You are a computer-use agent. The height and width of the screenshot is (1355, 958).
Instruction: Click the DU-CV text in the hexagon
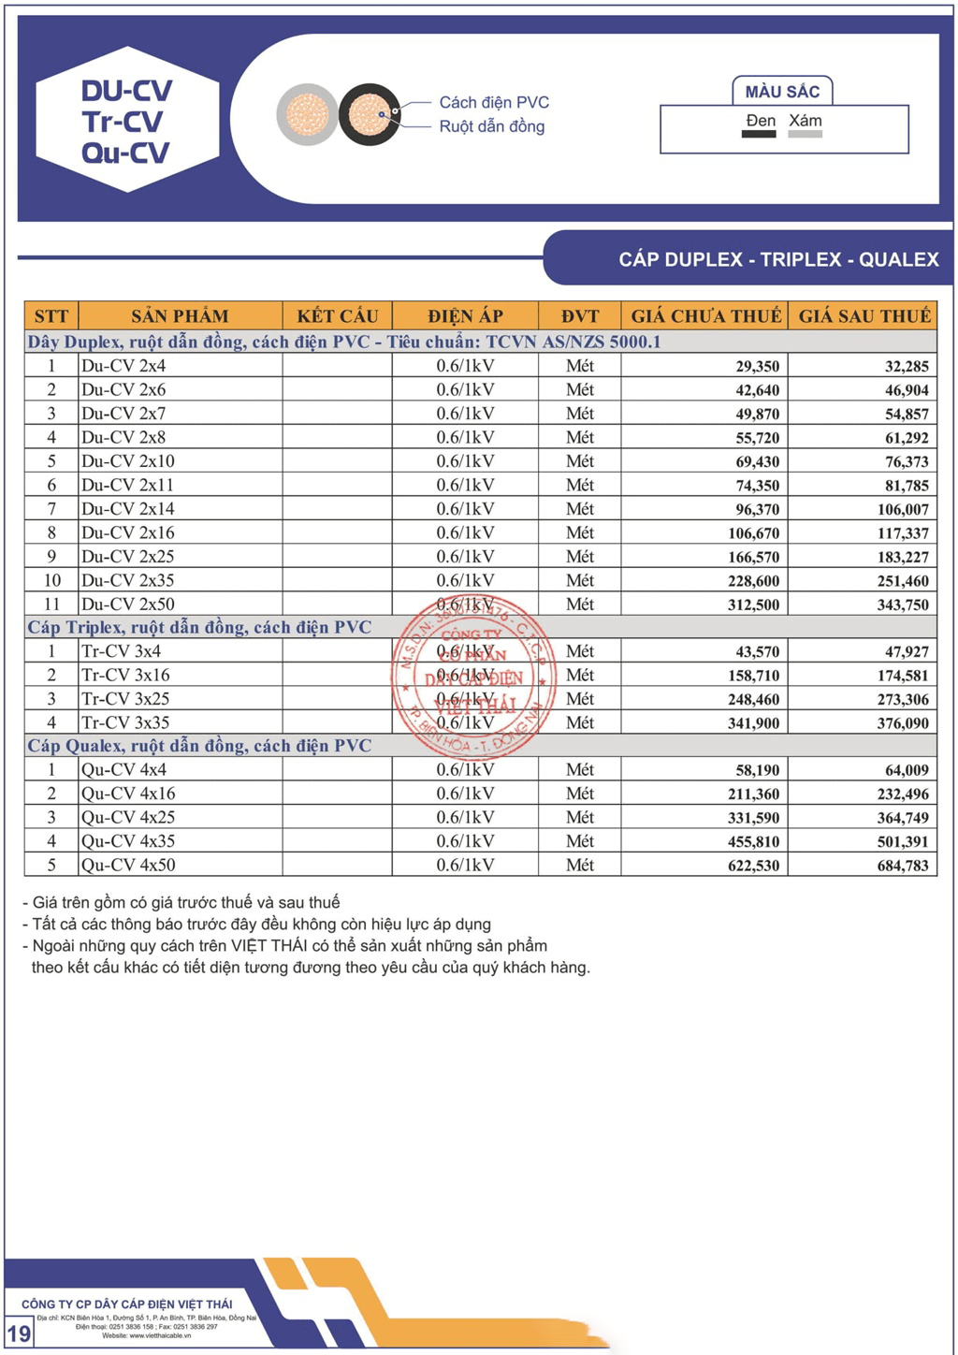point(126,91)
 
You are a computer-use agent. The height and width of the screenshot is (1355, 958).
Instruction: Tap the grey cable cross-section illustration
point(307,115)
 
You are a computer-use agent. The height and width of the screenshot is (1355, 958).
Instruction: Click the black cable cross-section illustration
point(370,115)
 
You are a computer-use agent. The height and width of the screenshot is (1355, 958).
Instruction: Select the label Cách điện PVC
point(494,102)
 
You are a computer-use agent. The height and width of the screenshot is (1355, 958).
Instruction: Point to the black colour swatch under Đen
point(759,135)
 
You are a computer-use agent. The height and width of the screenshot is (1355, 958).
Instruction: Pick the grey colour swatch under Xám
point(805,135)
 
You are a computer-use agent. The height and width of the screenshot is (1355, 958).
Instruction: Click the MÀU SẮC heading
point(782,92)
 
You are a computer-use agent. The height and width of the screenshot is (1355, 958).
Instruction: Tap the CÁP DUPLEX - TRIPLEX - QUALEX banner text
point(778,259)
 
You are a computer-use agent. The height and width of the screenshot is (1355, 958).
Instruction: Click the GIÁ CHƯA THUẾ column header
point(705,316)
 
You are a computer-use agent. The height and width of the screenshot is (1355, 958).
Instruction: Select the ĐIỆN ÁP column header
point(465,316)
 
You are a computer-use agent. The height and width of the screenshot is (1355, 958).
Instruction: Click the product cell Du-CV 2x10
point(128,461)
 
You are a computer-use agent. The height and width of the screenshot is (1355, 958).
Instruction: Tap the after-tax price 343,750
point(903,605)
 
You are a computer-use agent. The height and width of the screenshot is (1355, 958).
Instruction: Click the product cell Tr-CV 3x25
point(125,699)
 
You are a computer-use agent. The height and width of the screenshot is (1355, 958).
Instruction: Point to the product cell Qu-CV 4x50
point(128,866)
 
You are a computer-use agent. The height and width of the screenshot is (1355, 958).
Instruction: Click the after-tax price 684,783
point(903,866)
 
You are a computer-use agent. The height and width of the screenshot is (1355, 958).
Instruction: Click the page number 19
point(19,1333)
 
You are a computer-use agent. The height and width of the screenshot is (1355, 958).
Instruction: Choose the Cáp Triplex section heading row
point(199,628)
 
